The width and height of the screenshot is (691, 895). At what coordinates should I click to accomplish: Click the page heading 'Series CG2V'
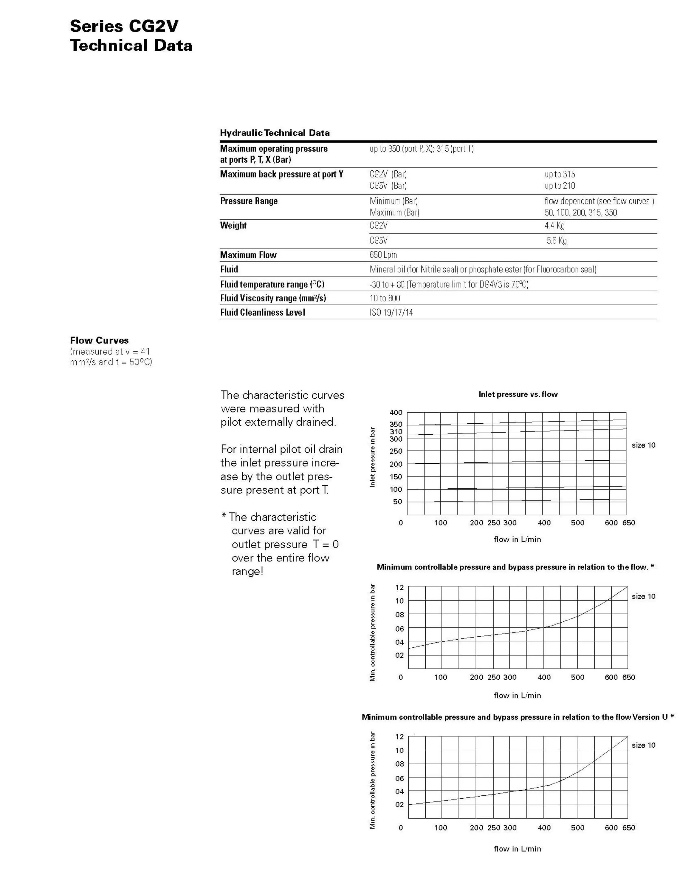tap(124, 26)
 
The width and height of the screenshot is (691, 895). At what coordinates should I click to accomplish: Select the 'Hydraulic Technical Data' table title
tap(275, 133)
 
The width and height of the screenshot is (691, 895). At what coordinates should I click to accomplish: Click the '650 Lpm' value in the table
tap(383, 255)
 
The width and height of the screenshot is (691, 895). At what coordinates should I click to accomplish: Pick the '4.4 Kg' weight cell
tap(555, 225)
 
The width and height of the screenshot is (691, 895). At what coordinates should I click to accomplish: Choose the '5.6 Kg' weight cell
tap(557, 240)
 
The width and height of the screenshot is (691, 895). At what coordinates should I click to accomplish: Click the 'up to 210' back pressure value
tap(560, 186)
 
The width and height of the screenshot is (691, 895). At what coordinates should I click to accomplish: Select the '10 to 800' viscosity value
tap(385, 298)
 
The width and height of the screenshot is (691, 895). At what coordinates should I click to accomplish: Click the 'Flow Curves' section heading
tap(99, 340)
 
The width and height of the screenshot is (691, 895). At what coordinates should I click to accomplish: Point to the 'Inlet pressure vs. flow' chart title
tap(518, 394)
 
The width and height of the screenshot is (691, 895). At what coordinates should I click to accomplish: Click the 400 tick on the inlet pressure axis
tap(396, 413)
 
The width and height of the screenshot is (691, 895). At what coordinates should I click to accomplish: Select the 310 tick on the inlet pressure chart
tap(396, 431)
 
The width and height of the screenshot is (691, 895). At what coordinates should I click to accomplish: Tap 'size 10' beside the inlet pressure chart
tap(643, 445)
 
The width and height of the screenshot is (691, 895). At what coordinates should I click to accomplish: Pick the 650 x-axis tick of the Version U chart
tap(628, 827)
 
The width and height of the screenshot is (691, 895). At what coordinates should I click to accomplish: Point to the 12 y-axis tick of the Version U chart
tap(399, 736)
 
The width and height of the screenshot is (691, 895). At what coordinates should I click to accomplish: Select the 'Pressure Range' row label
tap(249, 201)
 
